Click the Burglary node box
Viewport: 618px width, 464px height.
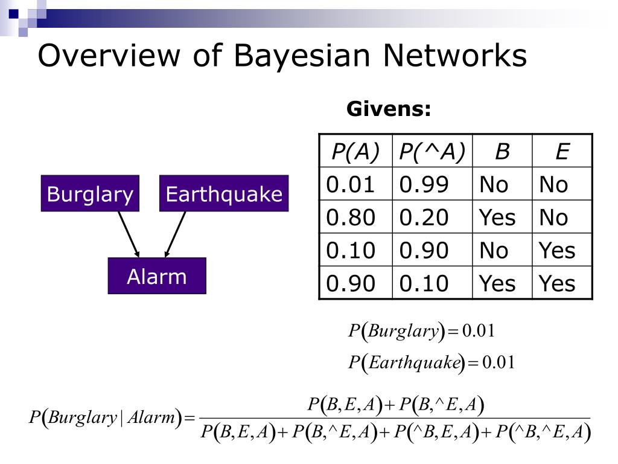(90, 194)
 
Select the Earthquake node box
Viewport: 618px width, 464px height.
(224, 194)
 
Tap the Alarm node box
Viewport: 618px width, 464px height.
(157, 276)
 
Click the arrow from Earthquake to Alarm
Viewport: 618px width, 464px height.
(175, 233)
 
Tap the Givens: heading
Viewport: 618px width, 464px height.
(389, 109)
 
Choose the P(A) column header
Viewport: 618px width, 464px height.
(355, 151)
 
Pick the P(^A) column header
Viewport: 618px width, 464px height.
(432, 151)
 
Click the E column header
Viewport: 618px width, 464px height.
(562, 151)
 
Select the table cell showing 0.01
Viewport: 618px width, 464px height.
(355, 184)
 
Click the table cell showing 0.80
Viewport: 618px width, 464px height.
(355, 217)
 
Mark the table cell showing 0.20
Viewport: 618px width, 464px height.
(432, 217)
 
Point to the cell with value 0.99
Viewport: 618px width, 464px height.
(432, 184)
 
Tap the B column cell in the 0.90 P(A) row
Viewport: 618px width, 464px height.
(502, 283)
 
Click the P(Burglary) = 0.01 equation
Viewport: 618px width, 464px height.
(422, 331)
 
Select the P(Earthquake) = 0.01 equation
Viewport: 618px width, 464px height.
(431, 362)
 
